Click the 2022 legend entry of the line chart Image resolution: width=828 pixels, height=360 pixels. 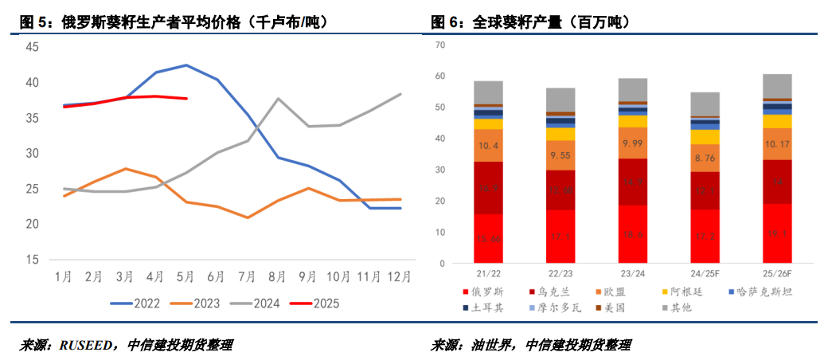pyautogui.click(x=146, y=303)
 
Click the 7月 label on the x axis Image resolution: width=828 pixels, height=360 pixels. pyautogui.click(x=245, y=276)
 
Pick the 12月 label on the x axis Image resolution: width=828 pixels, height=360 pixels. pyautogui.click(x=398, y=276)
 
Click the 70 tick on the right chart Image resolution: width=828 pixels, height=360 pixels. pyautogui.click(x=439, y=45)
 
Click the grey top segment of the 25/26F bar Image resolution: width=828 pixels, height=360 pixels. pyautogui.click(x=776, y=86)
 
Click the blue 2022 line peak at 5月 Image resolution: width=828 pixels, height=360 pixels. pyautogui.click(x=186, y=65)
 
